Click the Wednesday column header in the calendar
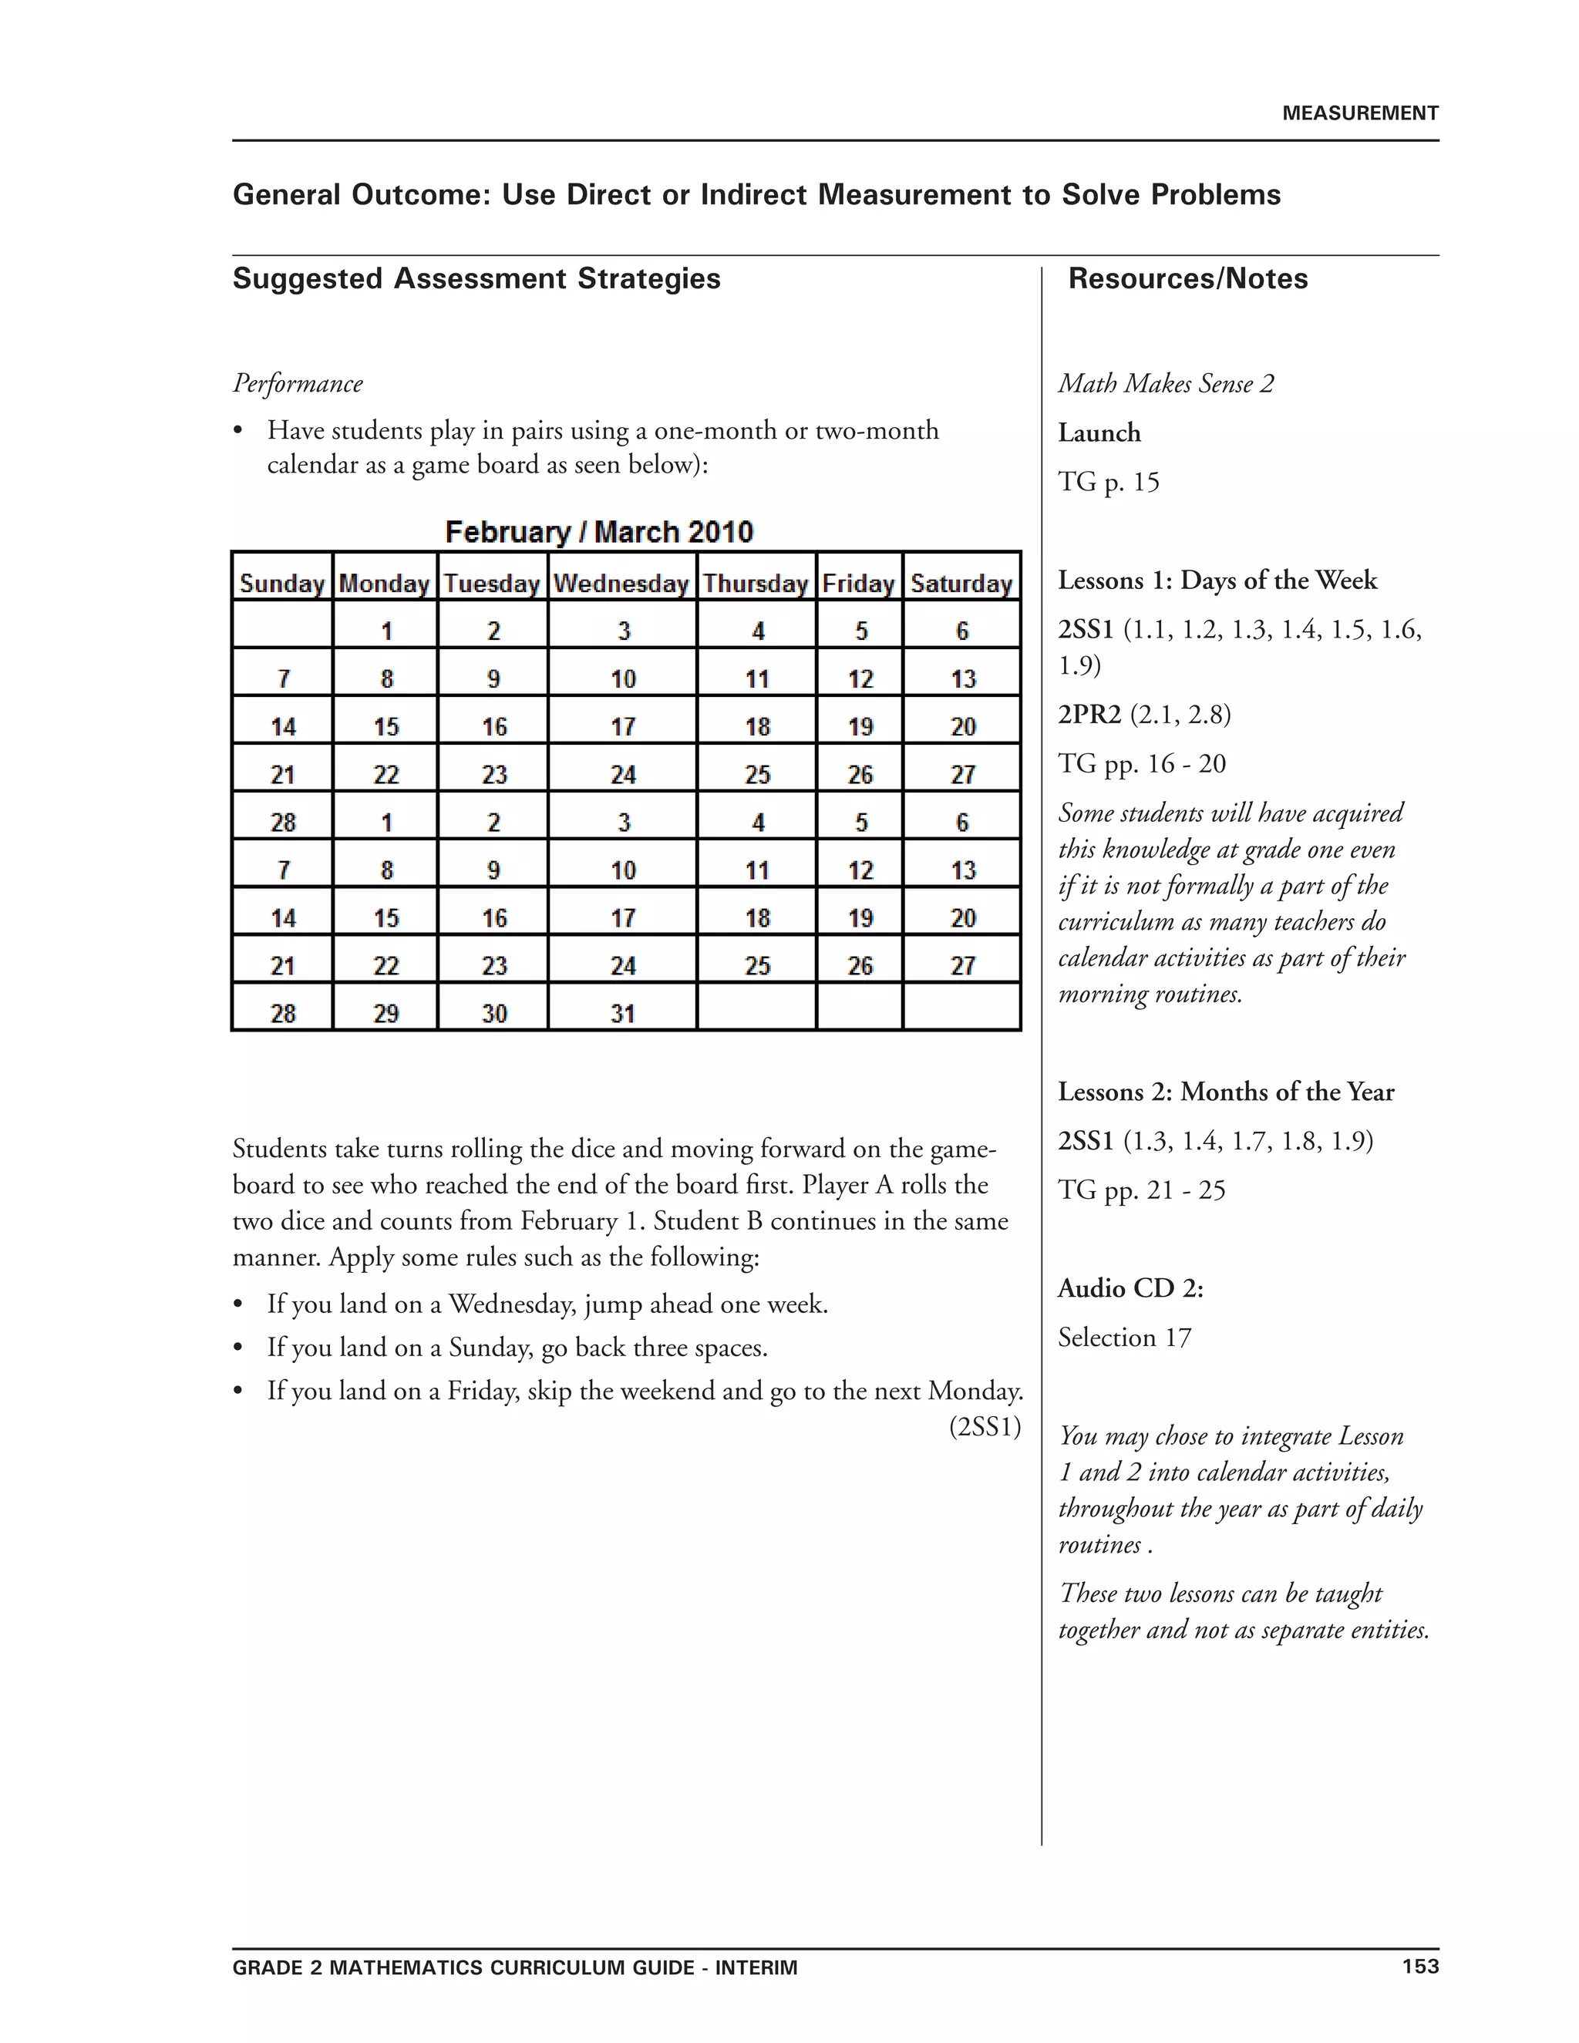pos(621,584)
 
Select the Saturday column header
pos(961,584)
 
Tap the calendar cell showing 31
pos(623,1013)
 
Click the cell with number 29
pos(386,1013)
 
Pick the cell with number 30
pos(494,1013)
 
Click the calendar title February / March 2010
pos(598,532)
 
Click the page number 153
pos(1420,1967)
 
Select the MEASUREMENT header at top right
pos(1359,113)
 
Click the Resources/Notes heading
pos(1187,279)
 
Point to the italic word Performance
pos(298,383)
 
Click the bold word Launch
pos(1099,433)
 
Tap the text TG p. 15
pos(1109,483)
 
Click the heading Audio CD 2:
pos(1130,1288)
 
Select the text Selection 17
pos(1124,1338)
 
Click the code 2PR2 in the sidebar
pos(1089,715)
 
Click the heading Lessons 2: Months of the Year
pos(1225,1092)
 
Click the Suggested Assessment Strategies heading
pos(476,279)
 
